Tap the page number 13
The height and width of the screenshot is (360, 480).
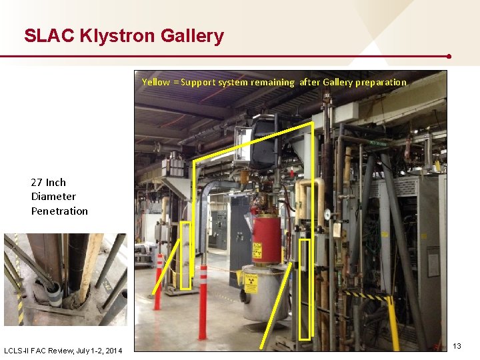point(457,345)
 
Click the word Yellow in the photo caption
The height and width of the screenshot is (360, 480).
point(156,82)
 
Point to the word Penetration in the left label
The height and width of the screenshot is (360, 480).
point(59,211)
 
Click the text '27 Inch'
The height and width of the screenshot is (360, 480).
point(49,182)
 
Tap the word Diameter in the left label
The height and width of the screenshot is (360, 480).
point(53,197)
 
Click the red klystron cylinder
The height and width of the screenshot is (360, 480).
point(266,239)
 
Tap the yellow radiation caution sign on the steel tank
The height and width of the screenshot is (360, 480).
point(250,281)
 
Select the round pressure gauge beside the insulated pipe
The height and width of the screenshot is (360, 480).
point(327,215)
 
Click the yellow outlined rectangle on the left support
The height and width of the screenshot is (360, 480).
point(185,255)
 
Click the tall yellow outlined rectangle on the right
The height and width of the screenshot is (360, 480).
point(305,289)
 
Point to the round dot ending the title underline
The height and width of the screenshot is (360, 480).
point(449,57)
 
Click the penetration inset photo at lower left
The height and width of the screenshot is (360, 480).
point(65,279)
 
